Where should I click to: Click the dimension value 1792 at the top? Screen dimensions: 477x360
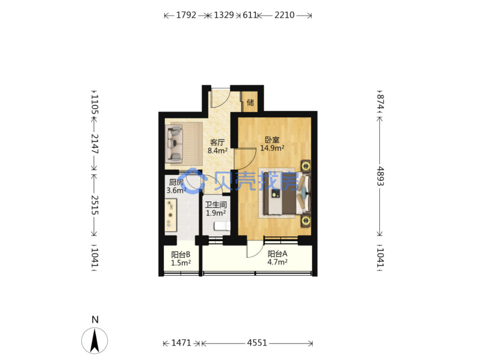(x=186, y=15)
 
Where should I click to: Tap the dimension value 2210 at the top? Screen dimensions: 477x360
(x=284, y=15)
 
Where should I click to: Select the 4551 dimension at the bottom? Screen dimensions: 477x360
(x=257, y=343)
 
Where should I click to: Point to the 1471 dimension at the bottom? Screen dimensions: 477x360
(x=181, y=343)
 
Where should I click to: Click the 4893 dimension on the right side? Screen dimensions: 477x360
(x=380, y=176)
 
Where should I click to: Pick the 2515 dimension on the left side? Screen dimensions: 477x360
(x=95, y=205)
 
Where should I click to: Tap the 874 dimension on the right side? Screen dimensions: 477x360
(x=380, y=101)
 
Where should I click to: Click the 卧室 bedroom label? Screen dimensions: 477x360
(x=272, y=140)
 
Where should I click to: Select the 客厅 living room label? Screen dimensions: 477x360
(x=217, y=142)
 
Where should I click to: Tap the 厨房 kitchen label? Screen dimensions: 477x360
(x=176, y=182)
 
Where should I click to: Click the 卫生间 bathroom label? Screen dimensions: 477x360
(x=216, y=205)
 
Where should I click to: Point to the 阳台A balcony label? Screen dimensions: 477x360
(x=277, y=254)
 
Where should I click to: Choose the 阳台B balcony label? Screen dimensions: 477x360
(x=181, y=254)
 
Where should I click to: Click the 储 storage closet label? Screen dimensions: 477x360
(x=250, y=102)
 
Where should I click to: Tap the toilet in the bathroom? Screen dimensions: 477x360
(x=222, y=226)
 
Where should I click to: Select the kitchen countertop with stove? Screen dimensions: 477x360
(x=170, y=215)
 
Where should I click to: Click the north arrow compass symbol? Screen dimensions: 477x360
(x=94, y=340)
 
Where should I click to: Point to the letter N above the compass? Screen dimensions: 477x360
(x=95, y=319)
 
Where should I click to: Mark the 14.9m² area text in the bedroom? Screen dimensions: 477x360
(x=272, y=148)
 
